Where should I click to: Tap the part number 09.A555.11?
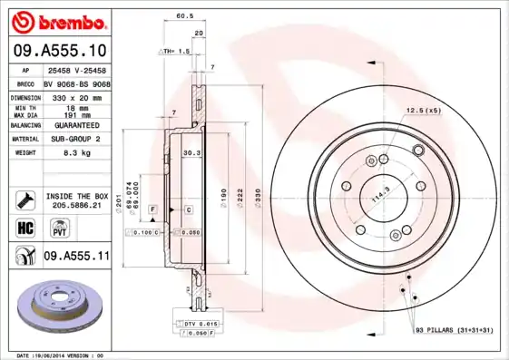[x=76, y=257]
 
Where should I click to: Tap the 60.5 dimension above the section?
[x=183, y=16]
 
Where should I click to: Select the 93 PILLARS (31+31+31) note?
[x=454, y=329]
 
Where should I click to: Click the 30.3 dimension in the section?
[x=191, y=153]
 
